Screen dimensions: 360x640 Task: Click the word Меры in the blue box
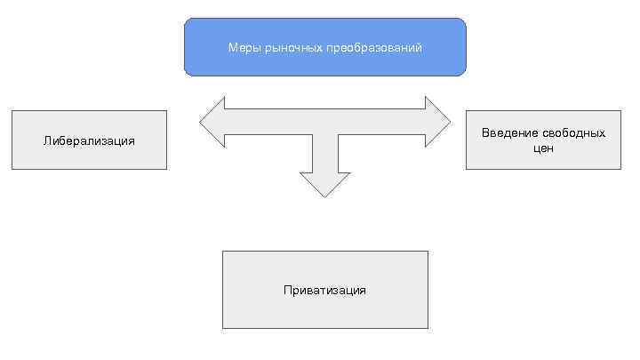(x=240, y=47)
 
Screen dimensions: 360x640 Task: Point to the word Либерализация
(x=89, y=140)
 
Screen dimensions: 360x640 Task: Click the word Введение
(x=509, y=132)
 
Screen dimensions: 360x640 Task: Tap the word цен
(x=543, y=148)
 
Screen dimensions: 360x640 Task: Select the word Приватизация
(x=324, y=290)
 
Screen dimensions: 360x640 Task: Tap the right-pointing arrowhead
(x=438, y=123)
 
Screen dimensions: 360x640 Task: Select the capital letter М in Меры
(x=231, y=47)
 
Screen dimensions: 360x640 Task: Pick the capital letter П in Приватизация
(x=288, y=290)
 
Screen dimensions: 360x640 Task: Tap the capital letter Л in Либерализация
(x=47, y=140)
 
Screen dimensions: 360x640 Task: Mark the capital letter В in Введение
(x=485, y=132)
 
